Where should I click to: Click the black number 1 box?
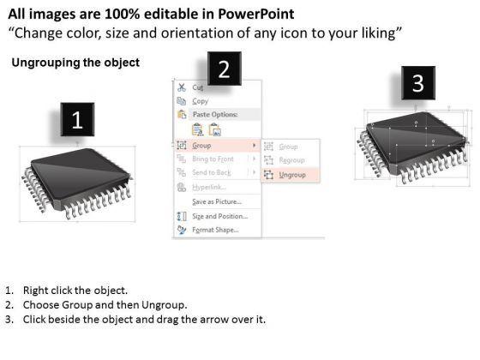click(77, 119)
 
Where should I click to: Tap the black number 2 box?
click(225, 69)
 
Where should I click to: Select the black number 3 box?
click(418, 82)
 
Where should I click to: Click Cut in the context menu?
click(198, 87)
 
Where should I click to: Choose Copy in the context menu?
click(201, 101)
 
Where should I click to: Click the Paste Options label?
click(215, 115)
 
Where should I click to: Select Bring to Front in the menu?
click(213, 159)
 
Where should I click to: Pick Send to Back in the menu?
click(212, 172)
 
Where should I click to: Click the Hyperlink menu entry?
click(209, 187)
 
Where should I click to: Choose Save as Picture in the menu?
click(217, 201)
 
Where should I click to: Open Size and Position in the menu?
click(219, 216)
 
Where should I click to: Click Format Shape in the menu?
click(215, 230)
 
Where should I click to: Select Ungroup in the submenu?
click(292, 175)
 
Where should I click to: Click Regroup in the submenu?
click(291, 160)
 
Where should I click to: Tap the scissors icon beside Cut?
click(182, 87)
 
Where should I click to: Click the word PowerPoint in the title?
click(256, 14)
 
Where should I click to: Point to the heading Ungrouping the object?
click(75, 63)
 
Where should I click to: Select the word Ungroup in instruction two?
click(163, 305)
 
